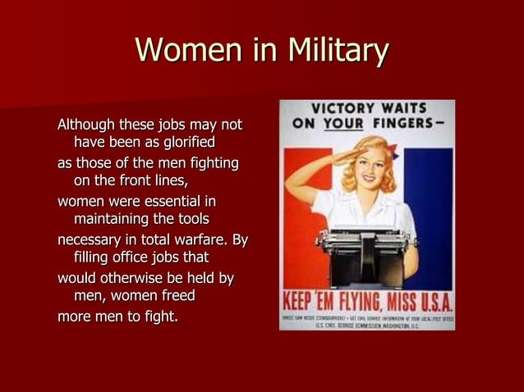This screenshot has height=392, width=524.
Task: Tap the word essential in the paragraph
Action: [168, 201]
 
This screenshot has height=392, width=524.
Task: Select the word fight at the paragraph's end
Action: [159, 316]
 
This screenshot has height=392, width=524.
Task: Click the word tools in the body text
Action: [191, 220]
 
